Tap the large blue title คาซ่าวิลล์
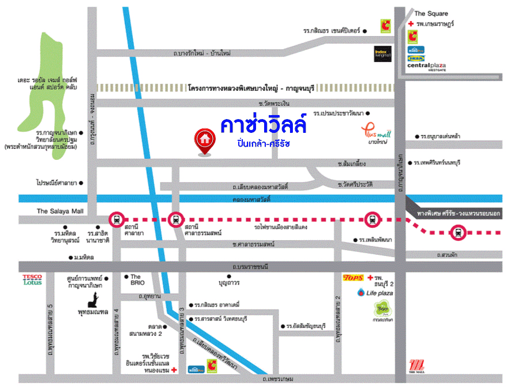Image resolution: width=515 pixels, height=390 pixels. tap(263, 124)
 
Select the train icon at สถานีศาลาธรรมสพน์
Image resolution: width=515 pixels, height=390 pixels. tap(176, 219)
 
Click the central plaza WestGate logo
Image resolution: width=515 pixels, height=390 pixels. tap(426, 67)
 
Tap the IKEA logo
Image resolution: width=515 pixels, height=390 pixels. tap(416, 58)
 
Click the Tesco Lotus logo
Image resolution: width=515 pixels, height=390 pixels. tap(32, 280)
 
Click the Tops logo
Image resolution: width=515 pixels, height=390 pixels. tap(352, 278)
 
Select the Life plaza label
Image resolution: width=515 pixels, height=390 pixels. tap(374, 293)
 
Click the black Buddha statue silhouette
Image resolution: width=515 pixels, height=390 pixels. tap(93, 298)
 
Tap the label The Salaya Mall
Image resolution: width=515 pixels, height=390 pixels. tap(60, 211)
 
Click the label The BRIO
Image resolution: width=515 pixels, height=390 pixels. tap(136, 280)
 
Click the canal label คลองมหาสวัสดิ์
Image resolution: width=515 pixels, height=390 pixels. tap(252, 199)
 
